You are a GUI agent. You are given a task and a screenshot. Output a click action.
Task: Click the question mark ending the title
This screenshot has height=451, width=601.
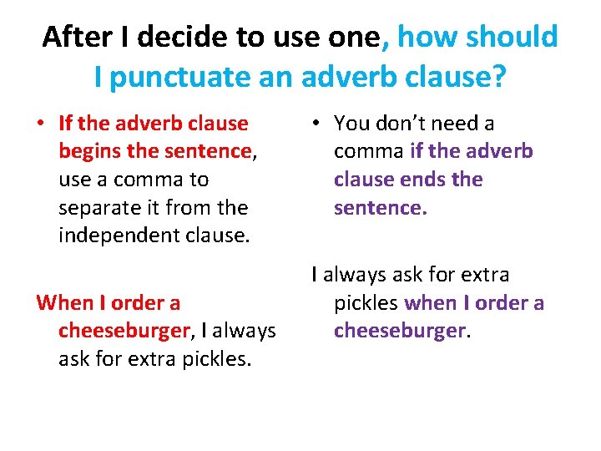pyautogui.click(x=499, y=78)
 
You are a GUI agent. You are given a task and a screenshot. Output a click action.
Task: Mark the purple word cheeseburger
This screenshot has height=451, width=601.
pyautogui.click(x=399, y=331)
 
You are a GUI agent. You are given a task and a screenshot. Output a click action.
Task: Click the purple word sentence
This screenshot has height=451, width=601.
pyautogui.click(x=378, y=207)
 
